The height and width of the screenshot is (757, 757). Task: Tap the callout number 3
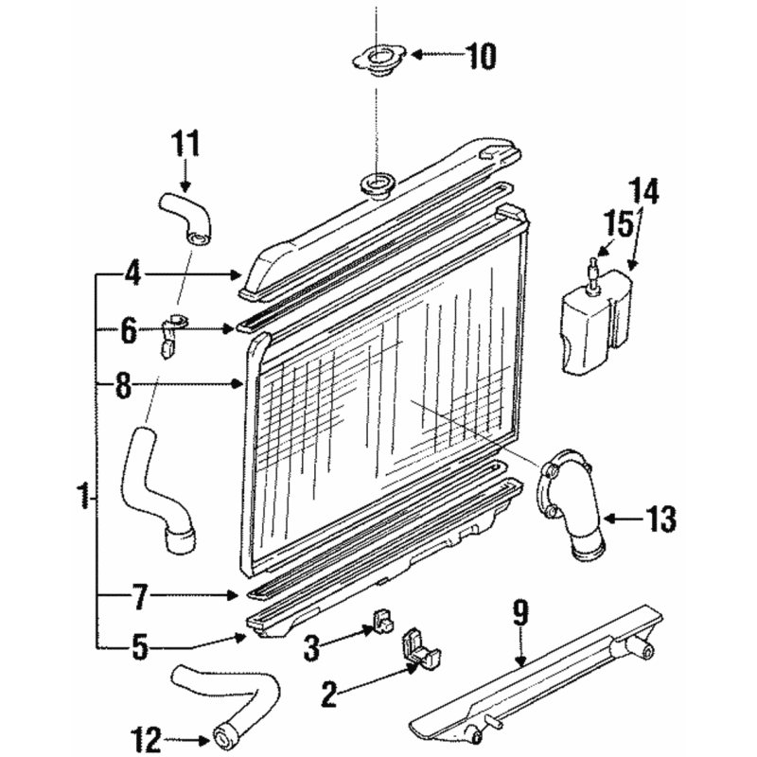311,647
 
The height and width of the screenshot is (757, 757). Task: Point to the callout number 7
138,595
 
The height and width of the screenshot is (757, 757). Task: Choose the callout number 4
132,274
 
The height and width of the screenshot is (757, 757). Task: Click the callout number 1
83,495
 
